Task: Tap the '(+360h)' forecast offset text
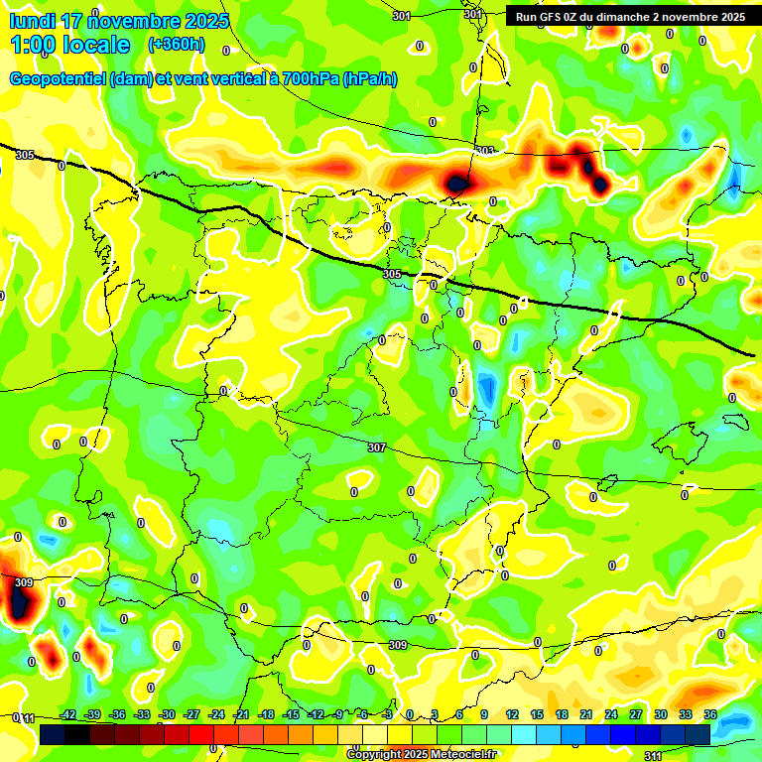[177, 45]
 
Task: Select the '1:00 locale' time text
[69, 46]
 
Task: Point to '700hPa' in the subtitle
[311, 79]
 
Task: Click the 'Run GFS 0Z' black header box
[629, 17]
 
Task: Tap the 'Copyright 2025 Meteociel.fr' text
[421, 755]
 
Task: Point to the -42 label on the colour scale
[67, 714]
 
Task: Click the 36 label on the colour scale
[710, 714]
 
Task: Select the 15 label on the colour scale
[537, 714]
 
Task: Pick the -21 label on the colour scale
[240, 714]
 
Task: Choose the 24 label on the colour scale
[611, 714]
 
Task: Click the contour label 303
[485, 151]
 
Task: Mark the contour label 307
[376, 447]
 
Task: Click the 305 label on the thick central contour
[391, 274]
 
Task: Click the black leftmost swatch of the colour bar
[53, 734]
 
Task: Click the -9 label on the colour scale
[338, 714]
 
